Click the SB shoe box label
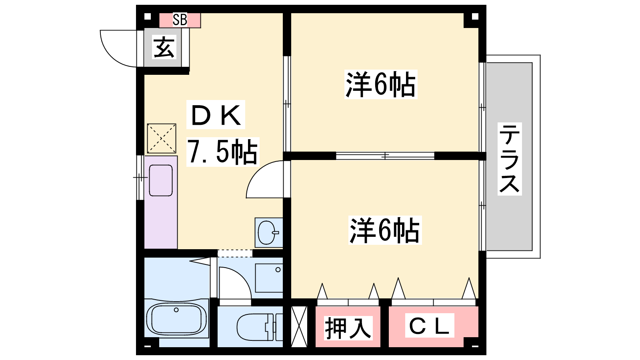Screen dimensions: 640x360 tap(180, 20)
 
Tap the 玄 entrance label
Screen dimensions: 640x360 tap(164, 48)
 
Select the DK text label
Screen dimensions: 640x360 tap(216, 115)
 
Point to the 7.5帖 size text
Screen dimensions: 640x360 tap(222, 152)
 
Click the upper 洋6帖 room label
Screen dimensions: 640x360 tap(380, 84)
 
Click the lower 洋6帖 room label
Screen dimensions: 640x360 tap(385, 230)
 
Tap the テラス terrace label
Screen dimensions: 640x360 tap(510, 159)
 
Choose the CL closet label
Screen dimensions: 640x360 tap(430, 326)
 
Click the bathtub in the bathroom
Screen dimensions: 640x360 tap(176, 318)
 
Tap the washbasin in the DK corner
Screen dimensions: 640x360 tap(268, 232)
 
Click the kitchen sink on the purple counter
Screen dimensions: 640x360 tap(161, 180)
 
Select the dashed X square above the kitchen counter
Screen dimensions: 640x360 tap(162, 138)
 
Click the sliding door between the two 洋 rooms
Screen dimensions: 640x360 tap(385, 156)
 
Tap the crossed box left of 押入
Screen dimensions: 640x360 tap(299, 326)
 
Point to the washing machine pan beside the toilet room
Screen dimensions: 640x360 tap(269, 278)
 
